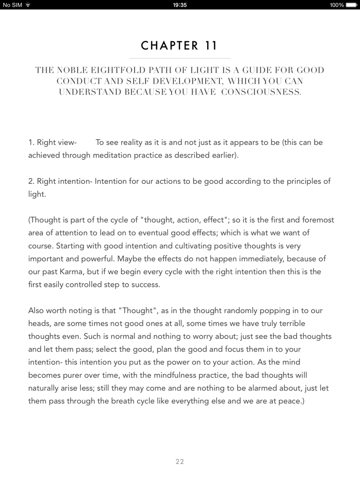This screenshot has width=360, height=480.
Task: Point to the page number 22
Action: pos(180,462)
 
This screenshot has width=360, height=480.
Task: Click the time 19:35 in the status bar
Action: pos(180,5)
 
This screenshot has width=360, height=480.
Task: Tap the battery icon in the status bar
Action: pos(352,5)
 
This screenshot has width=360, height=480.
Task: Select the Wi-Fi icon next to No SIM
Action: pos(27,5)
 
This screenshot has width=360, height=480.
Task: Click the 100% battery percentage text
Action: pos(337,5)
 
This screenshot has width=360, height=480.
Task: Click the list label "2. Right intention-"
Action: pos(60,181)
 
